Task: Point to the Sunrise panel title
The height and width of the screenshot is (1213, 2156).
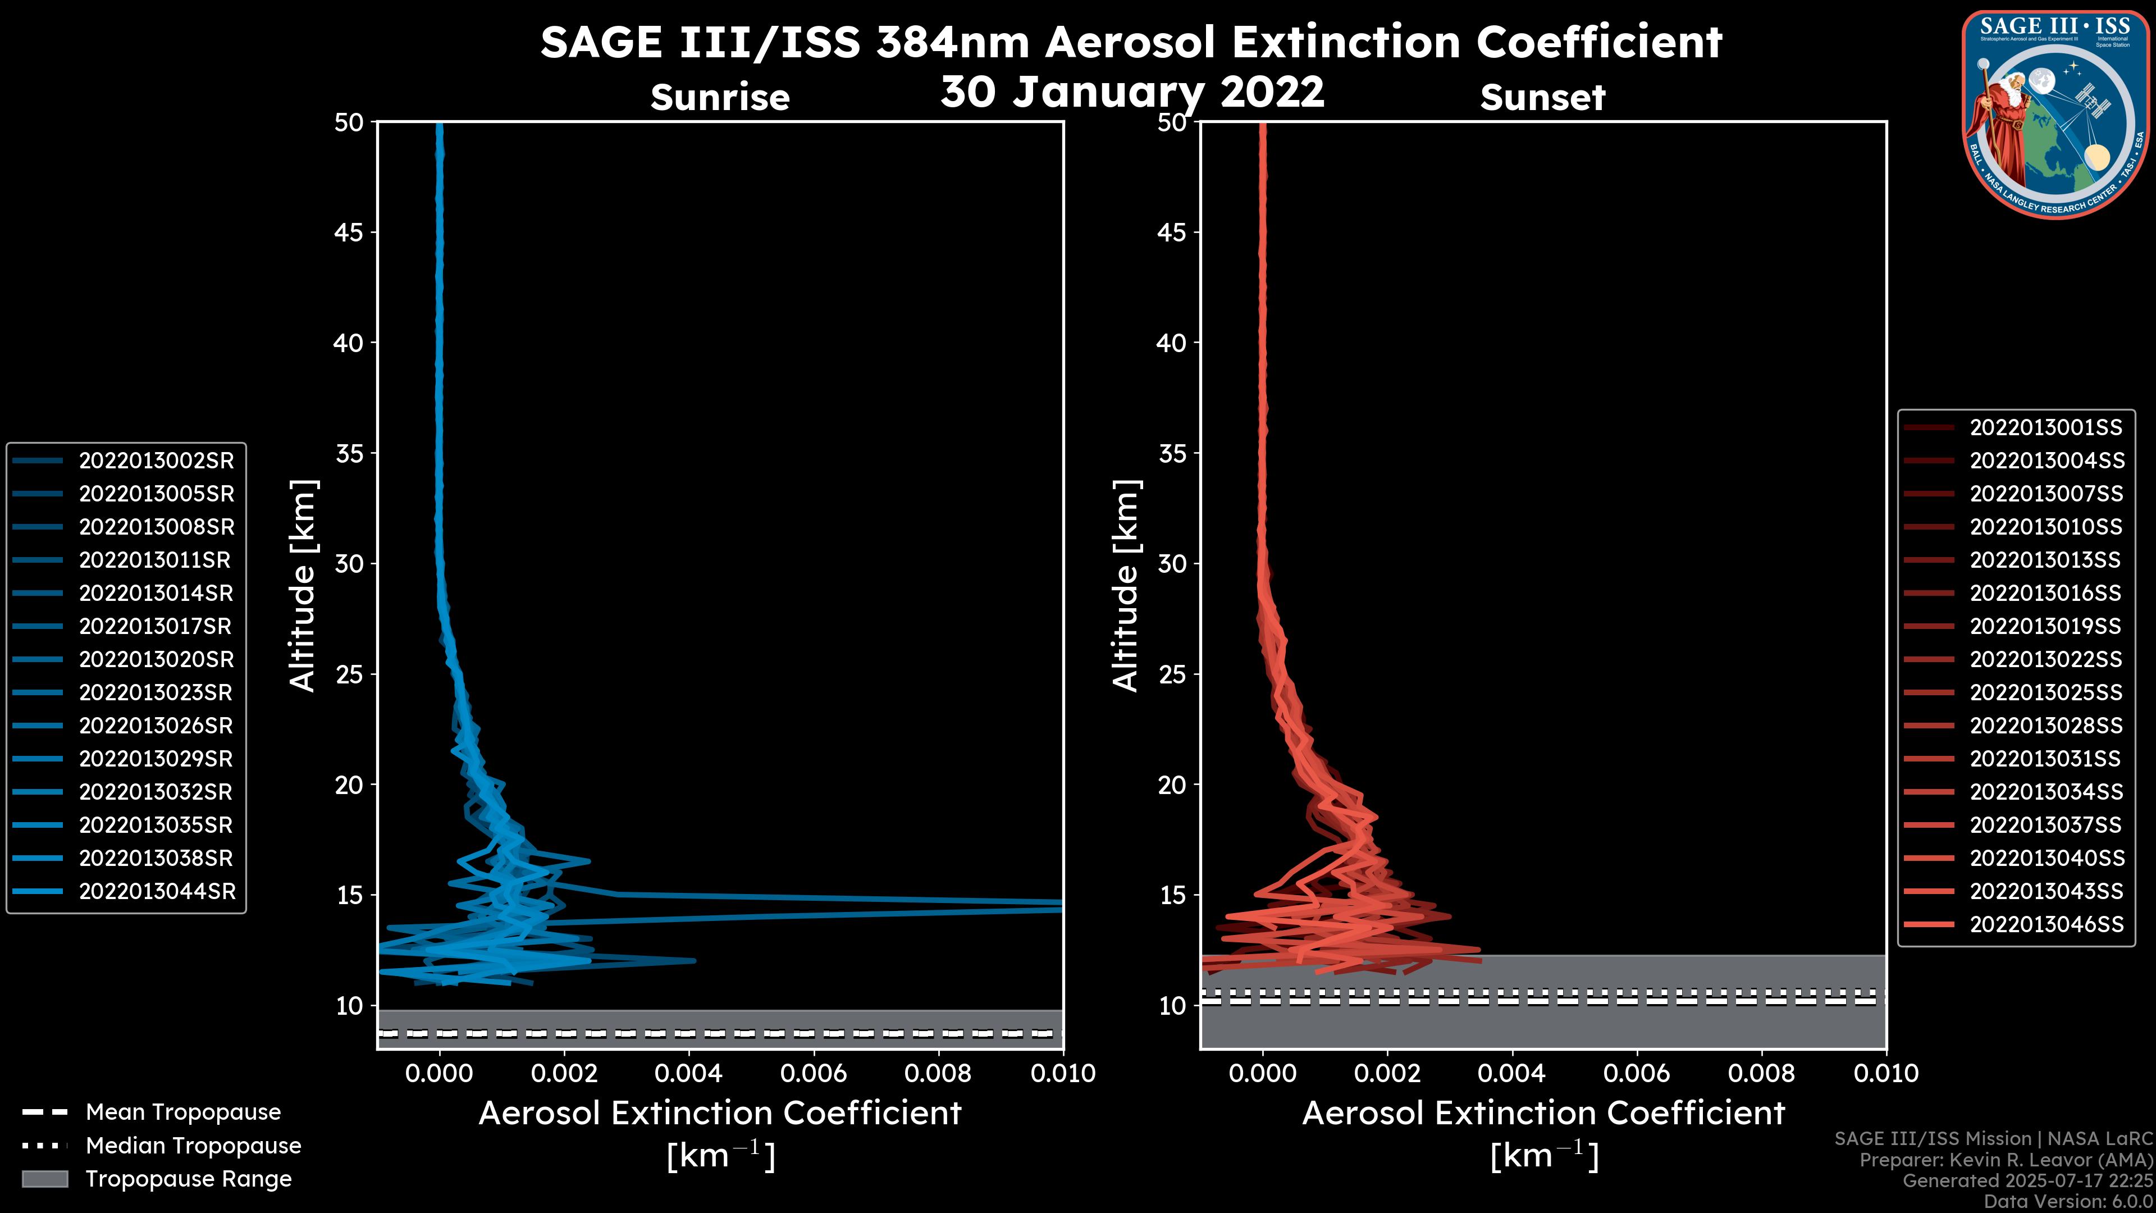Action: pos(720,98)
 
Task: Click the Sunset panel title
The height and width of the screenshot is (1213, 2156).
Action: pos(1542,98)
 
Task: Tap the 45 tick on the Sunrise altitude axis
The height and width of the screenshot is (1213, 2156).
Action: pos(349,232)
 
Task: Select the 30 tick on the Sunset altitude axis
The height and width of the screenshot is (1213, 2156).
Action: pos(1172,563)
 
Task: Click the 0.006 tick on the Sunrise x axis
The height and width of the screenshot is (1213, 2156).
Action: pos(814,1073)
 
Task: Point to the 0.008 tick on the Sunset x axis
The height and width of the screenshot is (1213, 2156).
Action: pos(1762,1073)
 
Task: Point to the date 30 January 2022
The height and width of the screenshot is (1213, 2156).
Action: pos(1132,92)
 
